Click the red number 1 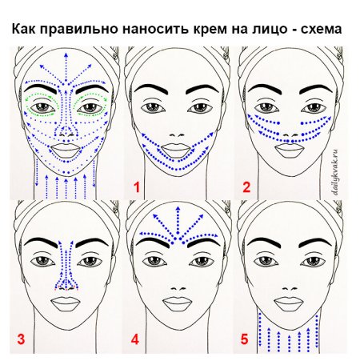(137, 188)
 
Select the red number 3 (21, 339)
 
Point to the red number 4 (135, 339)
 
